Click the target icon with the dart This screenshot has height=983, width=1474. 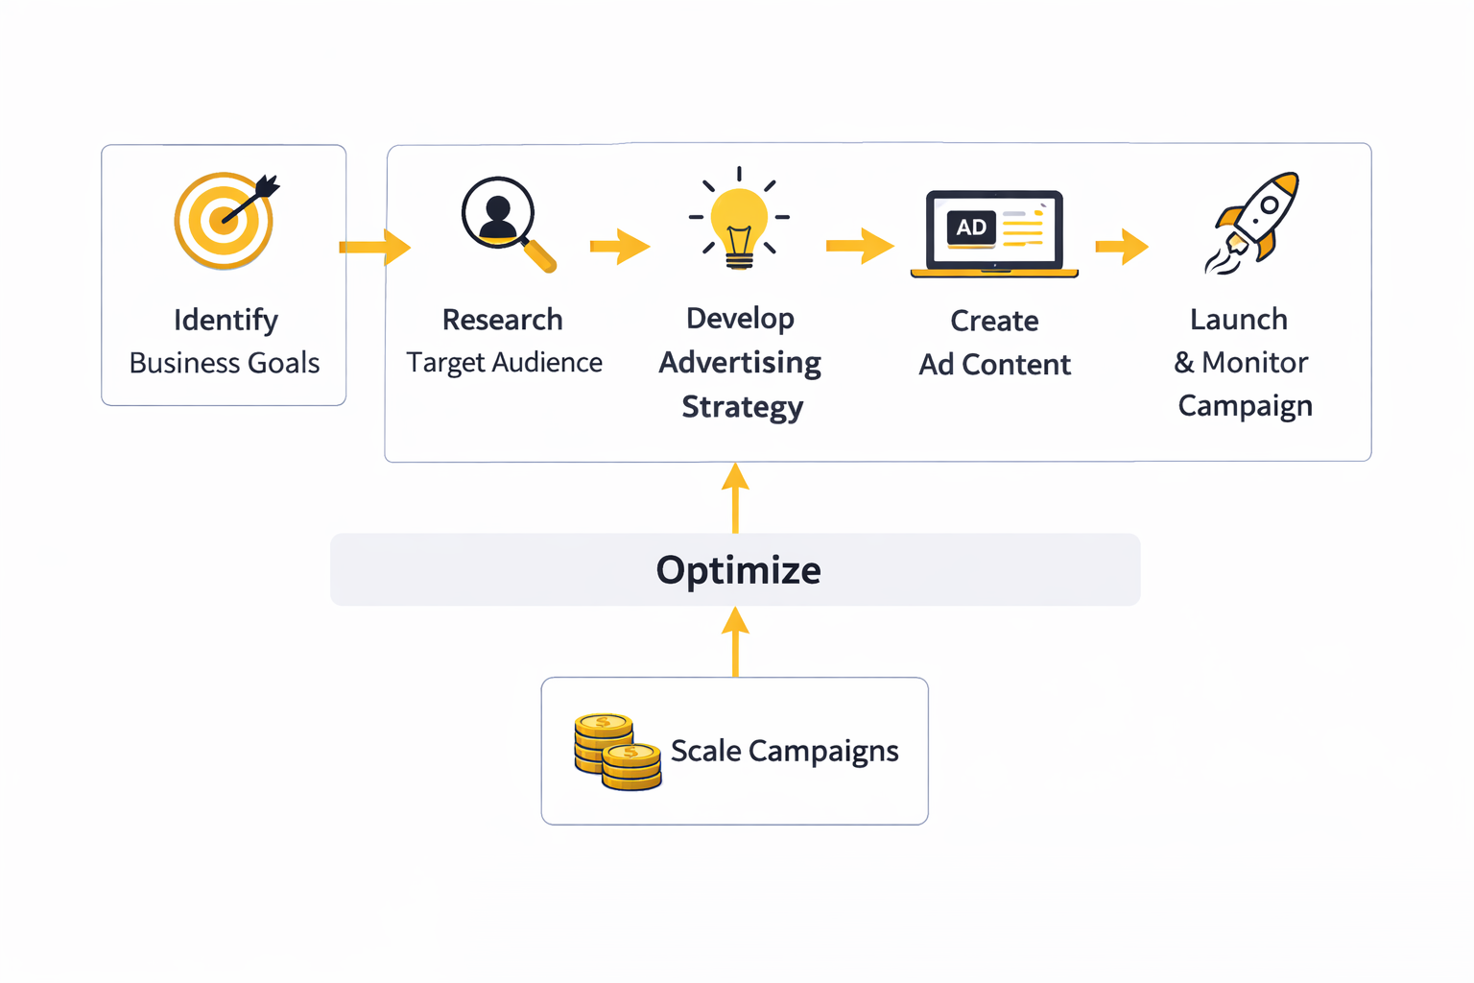[x=226, y=221]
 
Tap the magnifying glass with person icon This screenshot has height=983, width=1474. [x=505, y=223]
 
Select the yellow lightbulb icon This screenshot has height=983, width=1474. [x=739, y=221]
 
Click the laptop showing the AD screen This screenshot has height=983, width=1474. [x=994, y=233]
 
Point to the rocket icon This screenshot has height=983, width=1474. [x=1253, y=223]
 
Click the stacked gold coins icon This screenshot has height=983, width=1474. [x=617, y=751]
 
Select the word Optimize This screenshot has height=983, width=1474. [x=738, y=570]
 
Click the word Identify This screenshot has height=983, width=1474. [x=226, y=320]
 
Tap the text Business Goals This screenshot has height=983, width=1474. [x=225, y=363]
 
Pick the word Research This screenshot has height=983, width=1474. [x=502, y=320]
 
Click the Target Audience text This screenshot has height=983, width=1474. [x=504, y=363]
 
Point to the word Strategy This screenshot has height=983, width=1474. [x=742, y=407]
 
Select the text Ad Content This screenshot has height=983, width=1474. [x=994, y=365]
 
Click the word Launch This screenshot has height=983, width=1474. [x=1238, y=320]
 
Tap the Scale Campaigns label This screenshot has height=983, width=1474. [x=784, y=751]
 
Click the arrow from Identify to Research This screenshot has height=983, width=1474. [x=375, y=247]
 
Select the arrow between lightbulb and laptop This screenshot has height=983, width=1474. [x=860, y=246]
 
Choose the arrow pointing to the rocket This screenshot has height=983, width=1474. [x=1122, y=246]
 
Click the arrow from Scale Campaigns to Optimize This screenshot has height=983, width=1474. [x=735, y=641]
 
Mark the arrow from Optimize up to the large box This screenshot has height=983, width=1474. [x=735, y=497]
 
